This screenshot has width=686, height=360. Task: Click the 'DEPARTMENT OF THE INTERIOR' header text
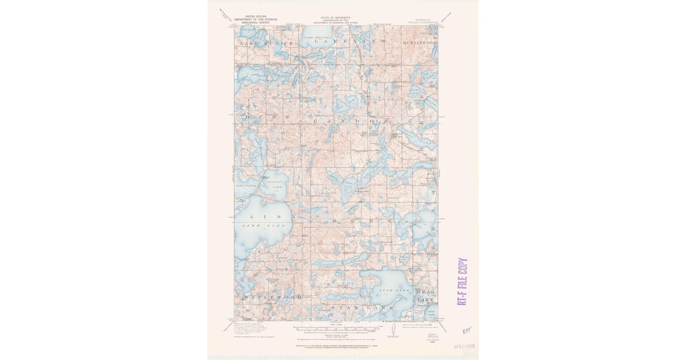click(256, 19)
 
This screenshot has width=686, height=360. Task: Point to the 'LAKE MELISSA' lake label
click(317, 37)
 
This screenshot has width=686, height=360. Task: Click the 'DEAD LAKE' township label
click(425, 295)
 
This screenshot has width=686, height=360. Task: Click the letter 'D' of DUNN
click(248, 117)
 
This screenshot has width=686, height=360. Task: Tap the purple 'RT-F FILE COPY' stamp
click(462, 281)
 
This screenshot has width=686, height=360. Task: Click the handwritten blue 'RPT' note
click(467, 330)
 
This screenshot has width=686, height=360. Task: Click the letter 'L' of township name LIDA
click(250, 217)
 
